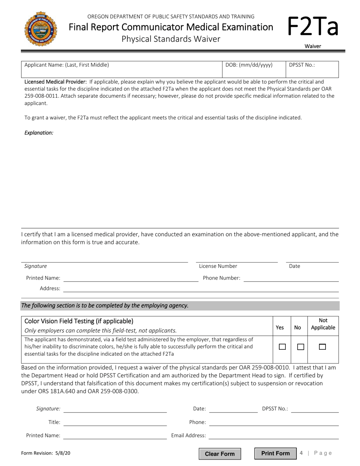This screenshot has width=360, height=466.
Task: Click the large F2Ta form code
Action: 312,27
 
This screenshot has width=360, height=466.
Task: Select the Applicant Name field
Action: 121,69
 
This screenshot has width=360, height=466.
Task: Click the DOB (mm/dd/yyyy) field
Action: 254,69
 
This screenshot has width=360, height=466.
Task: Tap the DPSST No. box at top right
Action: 312,69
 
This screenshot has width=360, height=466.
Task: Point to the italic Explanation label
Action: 39,133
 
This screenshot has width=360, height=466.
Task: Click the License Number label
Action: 218,266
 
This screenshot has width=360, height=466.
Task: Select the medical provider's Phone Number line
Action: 291,278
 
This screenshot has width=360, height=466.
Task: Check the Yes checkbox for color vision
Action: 282,347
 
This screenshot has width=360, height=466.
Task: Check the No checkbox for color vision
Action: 301,347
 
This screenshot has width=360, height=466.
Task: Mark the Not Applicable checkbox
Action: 322,347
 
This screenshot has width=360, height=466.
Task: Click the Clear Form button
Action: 220,454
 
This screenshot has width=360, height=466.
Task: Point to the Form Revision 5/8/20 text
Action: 46,453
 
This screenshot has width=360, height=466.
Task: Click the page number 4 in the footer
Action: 301,453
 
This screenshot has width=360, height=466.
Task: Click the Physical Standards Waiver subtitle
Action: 171,39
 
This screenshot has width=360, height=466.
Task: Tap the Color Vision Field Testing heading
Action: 79,321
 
